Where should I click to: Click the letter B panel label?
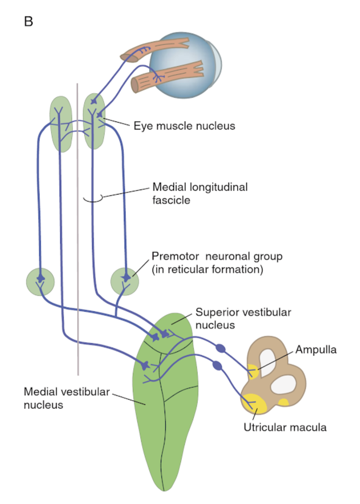click(28, 21)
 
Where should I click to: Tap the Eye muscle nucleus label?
click(184, 126)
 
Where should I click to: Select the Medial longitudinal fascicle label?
click(200, 193)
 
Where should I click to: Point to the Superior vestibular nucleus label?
click(243, 318)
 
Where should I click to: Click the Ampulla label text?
click(316, 349)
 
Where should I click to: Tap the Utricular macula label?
click(285, 427)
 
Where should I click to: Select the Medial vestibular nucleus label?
click(66, 398)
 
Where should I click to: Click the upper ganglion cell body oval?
click(220, 348)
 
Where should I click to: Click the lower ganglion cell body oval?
click(217, 365)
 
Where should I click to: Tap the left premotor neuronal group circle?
click(40, 282)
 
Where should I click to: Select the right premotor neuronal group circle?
click(124, 282)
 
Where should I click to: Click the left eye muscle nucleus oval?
click(61, 124)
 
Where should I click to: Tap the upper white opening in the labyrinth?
click(268, 362)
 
